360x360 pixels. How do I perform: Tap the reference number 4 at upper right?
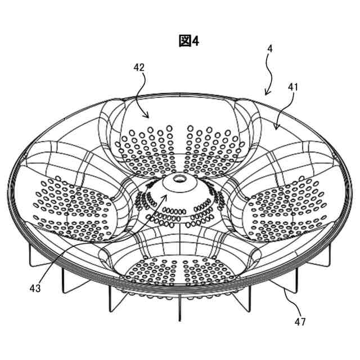point(270,49)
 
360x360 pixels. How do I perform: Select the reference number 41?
point(293,87)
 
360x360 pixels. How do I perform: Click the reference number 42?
point(139,67)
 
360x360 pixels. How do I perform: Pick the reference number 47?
point(300,322)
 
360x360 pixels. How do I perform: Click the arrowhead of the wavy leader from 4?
point(267,93)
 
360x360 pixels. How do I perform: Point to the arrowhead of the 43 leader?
point(166,196)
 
